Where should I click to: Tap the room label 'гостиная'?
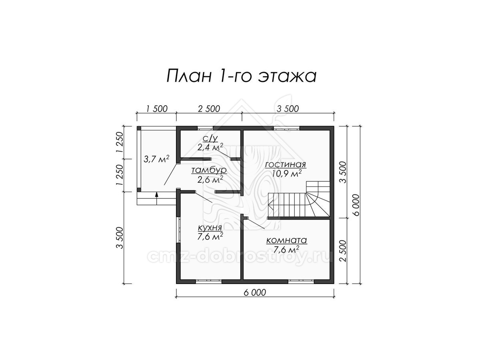[286, 164]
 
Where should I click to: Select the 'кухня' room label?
[210, 228]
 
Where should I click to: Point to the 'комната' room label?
[286, 240]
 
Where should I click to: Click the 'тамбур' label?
[209, 170]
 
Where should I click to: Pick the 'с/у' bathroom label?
[210, 138]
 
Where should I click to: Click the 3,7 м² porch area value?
[156, 159]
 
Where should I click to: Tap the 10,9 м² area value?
[287, 173]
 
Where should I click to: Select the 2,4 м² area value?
[210, 147]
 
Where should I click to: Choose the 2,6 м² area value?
[210, 180]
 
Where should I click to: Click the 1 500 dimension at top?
[156, 109]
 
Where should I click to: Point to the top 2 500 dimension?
[209, 109]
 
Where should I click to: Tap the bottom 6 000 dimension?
[255, 292]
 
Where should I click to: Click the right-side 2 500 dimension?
[343, 251]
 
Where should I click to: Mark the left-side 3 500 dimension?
[120, 238]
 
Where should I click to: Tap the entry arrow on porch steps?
[156, 198]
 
